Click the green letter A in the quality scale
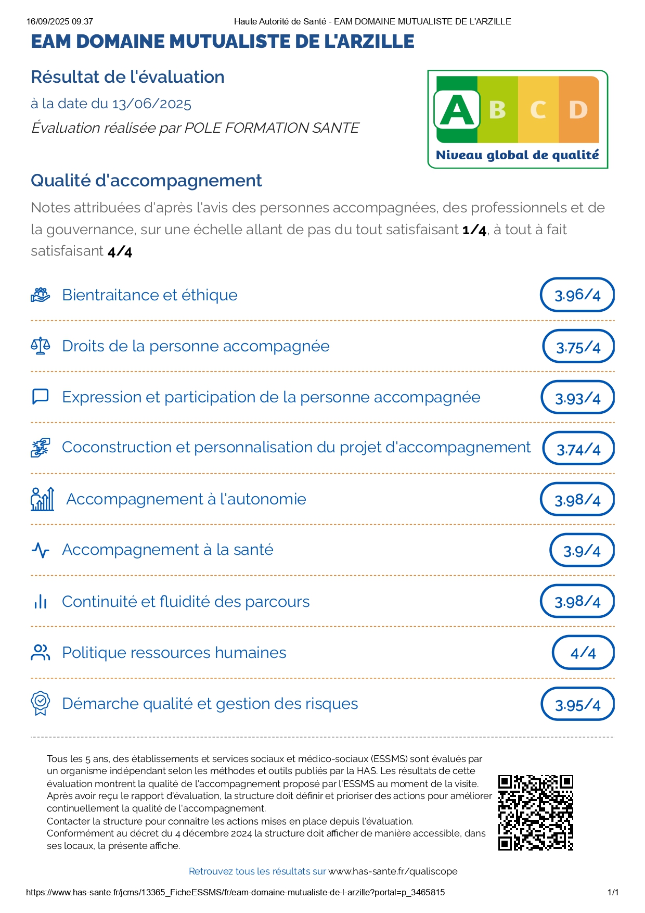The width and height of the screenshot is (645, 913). coord(457,110)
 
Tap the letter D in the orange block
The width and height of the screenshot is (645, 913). coord(578,110)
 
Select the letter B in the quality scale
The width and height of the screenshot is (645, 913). coord(497,110)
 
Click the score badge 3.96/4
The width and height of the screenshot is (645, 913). coord(577,295)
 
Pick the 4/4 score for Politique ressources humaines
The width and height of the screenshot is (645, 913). coord(583,653)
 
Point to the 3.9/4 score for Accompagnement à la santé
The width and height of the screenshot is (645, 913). coord(582,551)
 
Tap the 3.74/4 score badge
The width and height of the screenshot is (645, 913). coord(578,449)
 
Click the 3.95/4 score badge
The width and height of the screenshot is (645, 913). coord(577,705)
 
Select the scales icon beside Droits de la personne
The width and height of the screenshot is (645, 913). coord(41,346)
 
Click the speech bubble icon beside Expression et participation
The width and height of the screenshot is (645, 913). coord(41,397)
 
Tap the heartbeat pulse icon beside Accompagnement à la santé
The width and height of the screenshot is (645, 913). coord(41,550)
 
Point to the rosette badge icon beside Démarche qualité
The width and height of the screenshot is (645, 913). coord(41,704)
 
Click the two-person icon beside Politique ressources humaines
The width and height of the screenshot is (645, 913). coord(41,653)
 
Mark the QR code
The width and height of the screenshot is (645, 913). coord(535,813)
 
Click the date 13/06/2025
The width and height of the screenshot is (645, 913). coord(151,104)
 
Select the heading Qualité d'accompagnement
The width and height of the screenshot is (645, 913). coord(146,181)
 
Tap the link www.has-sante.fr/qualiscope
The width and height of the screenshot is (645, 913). coord(393,871)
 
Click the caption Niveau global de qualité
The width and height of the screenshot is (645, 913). coord(517,155)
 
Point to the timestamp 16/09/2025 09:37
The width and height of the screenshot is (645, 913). coord(60,21)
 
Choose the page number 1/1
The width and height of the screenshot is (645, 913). coord(613,892)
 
